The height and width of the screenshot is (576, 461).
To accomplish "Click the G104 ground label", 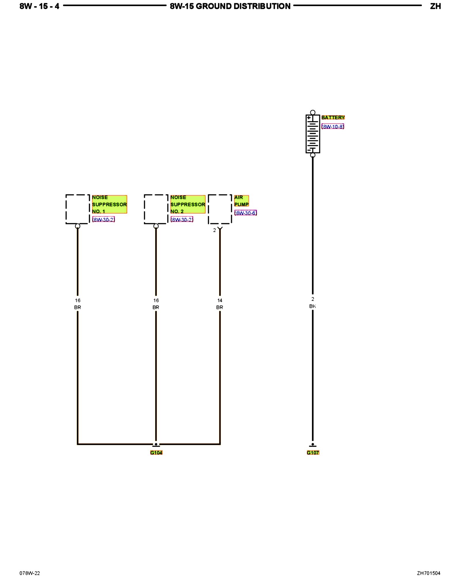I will click(156, 452).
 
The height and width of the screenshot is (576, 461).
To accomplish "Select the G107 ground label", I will click(313, 452).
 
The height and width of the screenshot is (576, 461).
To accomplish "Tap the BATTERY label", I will click(333, 118).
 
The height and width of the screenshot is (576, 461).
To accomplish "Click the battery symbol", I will click(313, 134).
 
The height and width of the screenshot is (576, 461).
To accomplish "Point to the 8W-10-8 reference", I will click(333, 126).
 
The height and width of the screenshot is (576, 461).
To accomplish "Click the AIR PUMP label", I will click(241, 201).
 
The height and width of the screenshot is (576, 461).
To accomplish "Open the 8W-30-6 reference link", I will click(245, 213).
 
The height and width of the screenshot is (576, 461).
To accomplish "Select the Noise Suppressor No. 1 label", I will click(109, 204).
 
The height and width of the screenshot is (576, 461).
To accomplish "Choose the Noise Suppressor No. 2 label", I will click(188, 204).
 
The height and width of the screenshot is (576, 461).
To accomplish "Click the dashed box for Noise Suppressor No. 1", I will click(78, 209).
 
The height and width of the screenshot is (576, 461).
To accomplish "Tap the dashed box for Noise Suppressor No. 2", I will click(156, 209).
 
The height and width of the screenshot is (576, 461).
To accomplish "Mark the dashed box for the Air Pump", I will click(220, 209).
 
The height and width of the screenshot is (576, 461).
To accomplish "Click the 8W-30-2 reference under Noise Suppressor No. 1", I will click(103, 219).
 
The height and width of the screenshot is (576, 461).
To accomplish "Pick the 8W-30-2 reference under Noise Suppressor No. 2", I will click(182, 219).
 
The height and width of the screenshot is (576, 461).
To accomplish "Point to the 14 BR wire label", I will click(220, 304).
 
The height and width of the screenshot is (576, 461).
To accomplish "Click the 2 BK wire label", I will click(313, 303).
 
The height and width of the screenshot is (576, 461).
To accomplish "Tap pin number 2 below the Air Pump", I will click(214, 230).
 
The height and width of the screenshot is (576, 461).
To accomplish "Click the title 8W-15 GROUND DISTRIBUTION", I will click(230, 6).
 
